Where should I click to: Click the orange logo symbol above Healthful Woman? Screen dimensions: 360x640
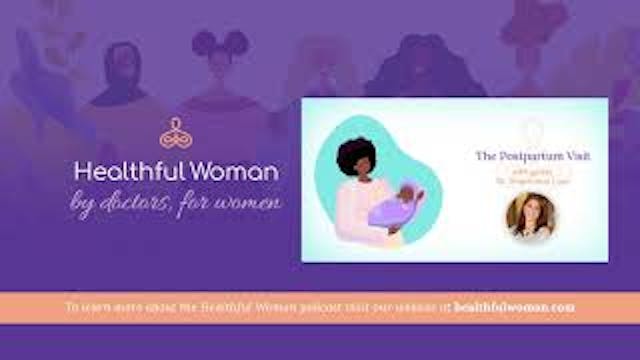click(x=175, y=134)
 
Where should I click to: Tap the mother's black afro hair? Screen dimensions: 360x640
click(x=358, y=161)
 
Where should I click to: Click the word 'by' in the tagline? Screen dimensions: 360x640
click(x=83, y=207)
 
